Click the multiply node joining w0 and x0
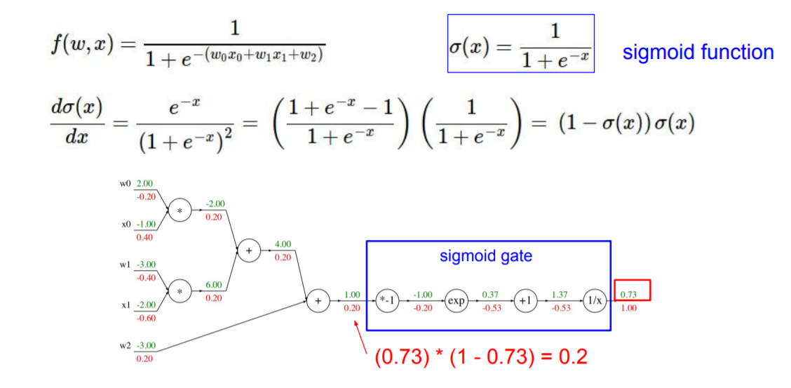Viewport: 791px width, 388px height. pos(180,209)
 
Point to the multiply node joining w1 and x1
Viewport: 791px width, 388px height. pos(180,291)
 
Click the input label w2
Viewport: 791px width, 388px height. pos(125,346)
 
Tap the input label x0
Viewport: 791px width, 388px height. pos(126,224)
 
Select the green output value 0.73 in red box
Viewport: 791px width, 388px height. pos(628,294)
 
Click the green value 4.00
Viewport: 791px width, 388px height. pos(283,245)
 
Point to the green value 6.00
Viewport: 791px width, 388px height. pos(214,285)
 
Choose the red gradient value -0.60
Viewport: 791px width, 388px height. pos(146,318)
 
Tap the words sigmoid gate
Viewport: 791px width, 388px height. pos(486,256)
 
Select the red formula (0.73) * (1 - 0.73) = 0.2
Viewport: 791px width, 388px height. pos(481,356)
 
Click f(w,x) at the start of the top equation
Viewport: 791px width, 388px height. pos(81,46)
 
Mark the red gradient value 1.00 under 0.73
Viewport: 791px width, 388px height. pos(628,308)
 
